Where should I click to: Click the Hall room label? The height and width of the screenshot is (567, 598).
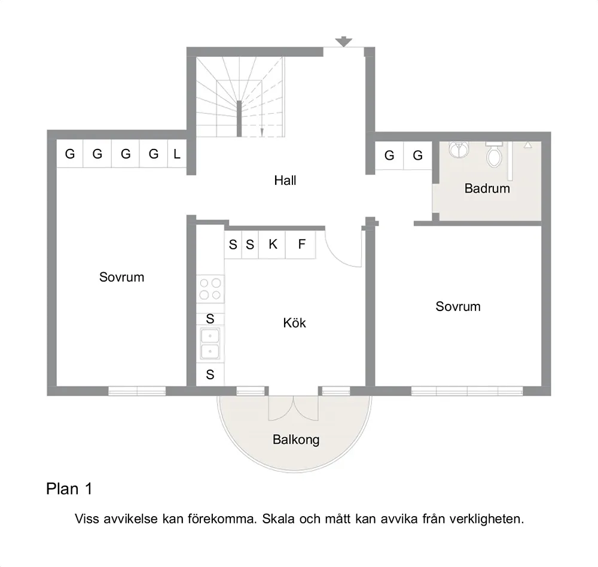tap(285, 180)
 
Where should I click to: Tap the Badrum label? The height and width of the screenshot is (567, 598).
tap(487, 188)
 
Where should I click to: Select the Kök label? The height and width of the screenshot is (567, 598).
tap(294, 323)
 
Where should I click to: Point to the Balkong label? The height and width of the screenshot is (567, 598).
tap(296, 440)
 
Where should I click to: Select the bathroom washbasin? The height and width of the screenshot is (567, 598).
tap(459, 149)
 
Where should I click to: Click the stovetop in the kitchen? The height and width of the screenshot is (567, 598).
tap(210, 289)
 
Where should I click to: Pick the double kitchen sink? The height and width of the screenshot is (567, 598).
tap(210, 343)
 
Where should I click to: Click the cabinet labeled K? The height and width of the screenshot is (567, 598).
tap(272, 244)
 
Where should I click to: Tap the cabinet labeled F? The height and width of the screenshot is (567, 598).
tap(301, 244)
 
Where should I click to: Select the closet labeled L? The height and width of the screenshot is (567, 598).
tap(177, 154)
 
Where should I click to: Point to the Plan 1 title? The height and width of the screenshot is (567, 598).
tap(69, 489)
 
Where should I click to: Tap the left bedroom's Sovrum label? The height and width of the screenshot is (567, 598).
tap(121, 277)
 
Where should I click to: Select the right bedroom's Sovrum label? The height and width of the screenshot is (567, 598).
tap(458, 306)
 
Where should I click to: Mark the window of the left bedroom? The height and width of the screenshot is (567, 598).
tap(137, 391)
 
